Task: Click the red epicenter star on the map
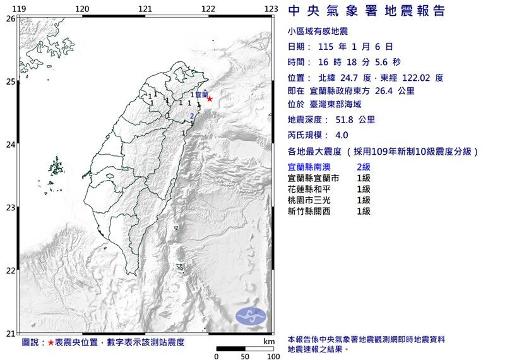click(x=210, y=99)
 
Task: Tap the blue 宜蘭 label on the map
click(x=201, y=95)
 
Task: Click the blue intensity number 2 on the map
click(x=192, y=116)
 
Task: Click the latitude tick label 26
click(x=10, y=19)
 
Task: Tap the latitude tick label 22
click(x=10, y=271)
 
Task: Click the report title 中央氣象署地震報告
click(x=366, y=11)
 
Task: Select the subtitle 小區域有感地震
click(x=317, y=32)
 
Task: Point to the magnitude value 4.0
click(x=342, y=135)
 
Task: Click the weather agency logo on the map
click(x=251, y=316)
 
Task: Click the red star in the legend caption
click(x=50, y=342)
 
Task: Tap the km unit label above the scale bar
click(x=269, y=341)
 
